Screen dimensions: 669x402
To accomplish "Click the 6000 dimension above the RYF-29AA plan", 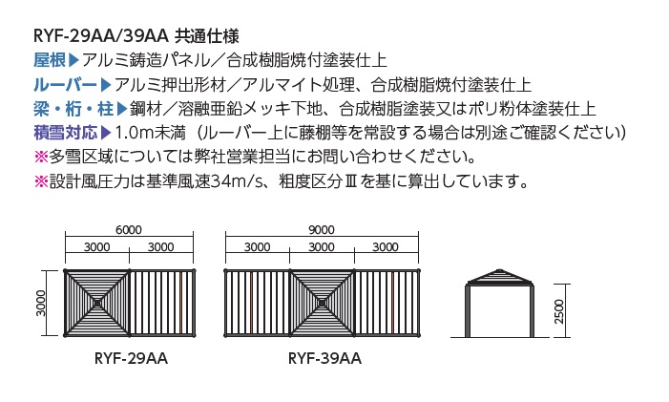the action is pyautogui.click(x=129, y=230).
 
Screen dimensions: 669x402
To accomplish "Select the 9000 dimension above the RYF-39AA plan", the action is pyautogui.click(x=322, y=230).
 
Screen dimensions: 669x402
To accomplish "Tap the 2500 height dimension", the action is pyautogui.click(x=559, y=311).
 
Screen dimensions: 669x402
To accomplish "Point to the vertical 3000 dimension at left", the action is pyautogui.click(x=41, y=303).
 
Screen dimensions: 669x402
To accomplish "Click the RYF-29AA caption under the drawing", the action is pyautogui.click(x=131, y=358).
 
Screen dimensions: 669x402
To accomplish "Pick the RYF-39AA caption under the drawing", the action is pyautogui.click(x=324, y=358).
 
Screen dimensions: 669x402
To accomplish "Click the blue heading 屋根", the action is pyautogui.click(x=50, y=60).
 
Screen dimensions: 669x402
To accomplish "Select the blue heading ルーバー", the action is pyautogui.click(x=66, y=85).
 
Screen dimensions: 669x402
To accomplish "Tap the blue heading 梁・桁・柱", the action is pyautogui.click(x=73, y=109).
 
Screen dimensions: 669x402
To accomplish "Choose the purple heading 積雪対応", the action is pyautogui.click(x=66, y=133).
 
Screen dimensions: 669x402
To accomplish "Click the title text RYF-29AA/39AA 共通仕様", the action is pyautogui.click(x=136, y=36).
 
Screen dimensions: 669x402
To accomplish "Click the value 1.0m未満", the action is pyautogui.click(x=150, y=133).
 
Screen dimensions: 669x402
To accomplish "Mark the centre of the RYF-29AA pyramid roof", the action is pyautogui.click(x=97, y=303).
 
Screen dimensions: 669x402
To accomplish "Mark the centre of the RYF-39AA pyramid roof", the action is pyautogui.click(x=323, y=303).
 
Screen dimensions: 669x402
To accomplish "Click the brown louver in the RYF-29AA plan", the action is pyautogui.click(x=181, y=303).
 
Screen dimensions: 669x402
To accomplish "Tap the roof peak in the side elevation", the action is pyautogui.click(x=500, y=269).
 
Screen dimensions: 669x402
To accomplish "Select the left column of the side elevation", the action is pyautogui.click(x=468, y=311).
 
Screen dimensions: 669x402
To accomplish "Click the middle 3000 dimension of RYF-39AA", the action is pyautogui.click(x=322, y=247).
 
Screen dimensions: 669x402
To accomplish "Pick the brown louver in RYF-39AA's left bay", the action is pyautogui.click(x=252, y=303).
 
